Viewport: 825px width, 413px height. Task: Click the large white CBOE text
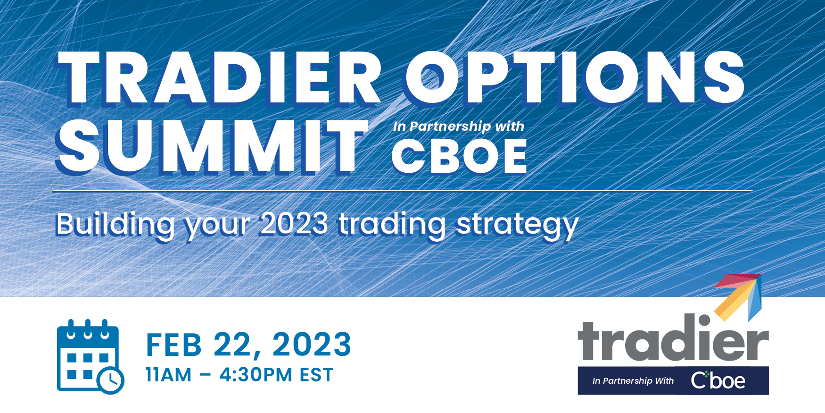(x=459, y=157)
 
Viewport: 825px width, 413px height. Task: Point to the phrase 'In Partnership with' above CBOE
(x=458, y=126)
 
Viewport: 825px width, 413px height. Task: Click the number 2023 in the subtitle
(x=294, y=223)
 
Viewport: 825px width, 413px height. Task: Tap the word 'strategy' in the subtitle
(x=517, y=225)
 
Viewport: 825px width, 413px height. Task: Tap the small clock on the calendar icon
(x=111, y=379)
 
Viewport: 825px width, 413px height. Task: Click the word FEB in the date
(x=174, y=345)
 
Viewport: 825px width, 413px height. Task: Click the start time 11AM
(x=169, y=375)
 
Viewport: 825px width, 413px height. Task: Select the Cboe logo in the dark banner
(x=718, y=380)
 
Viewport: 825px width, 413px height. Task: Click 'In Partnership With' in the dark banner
(x=633, y=381)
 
